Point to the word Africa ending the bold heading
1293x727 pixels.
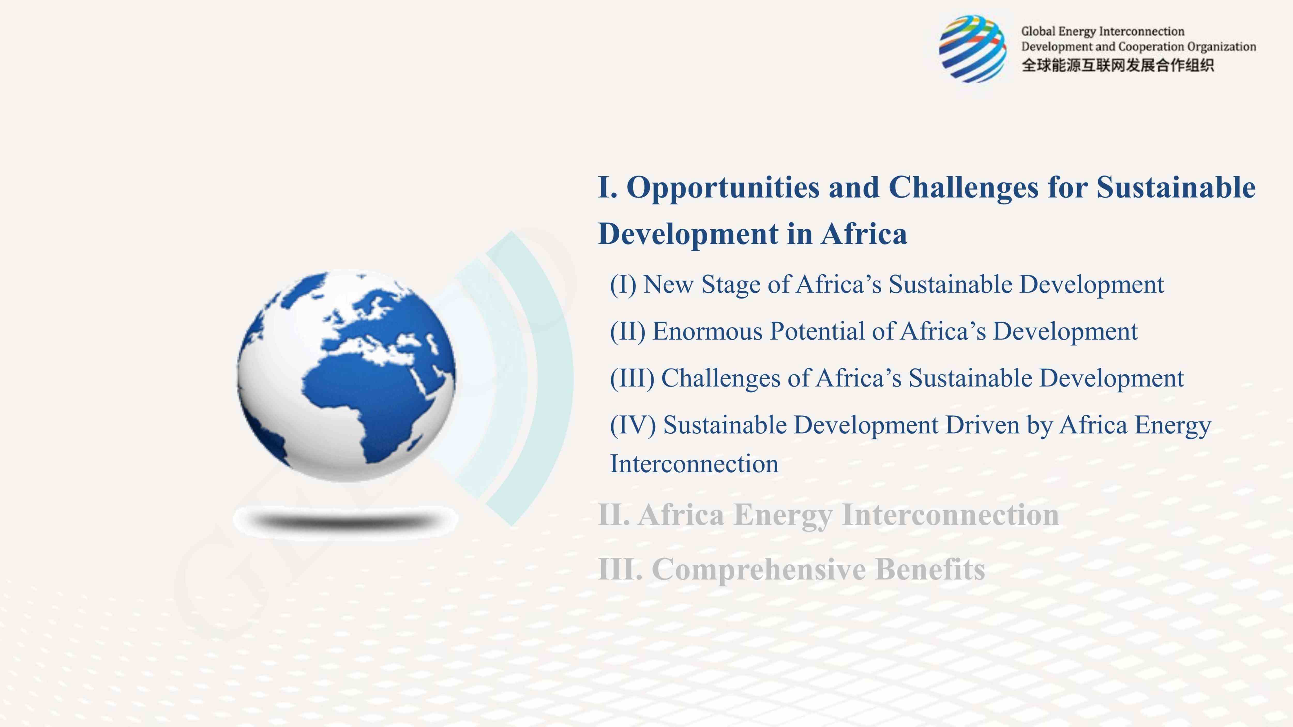pyautogui.click(x=864, y=234)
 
